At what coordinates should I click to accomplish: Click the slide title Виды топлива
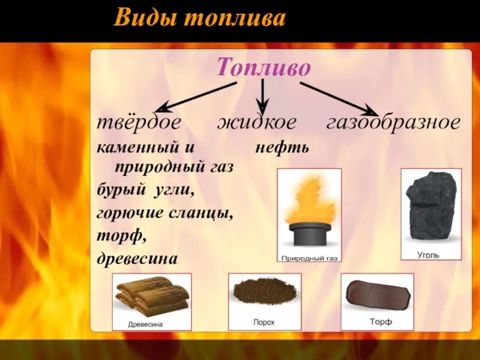click(x=199, y=19)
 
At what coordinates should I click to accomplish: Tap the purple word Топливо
click(x=263, y=67)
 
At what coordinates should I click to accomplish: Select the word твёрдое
click(x=139, y=123)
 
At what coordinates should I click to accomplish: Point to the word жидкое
click(x=256, y=123)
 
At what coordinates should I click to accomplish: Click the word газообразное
click(x=393, y=123)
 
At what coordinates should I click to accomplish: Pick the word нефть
click(x=281, y=147)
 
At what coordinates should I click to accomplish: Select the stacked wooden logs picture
click(x=152, y=295)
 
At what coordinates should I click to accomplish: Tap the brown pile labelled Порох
click(x=264, y=292)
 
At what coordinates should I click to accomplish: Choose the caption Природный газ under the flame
click(x=310, y=258)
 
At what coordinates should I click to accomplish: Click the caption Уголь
click(x=428, y=254)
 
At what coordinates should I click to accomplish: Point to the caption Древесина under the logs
click(x=145, y=324)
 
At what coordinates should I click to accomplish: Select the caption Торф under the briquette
click(x=380, y=322)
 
